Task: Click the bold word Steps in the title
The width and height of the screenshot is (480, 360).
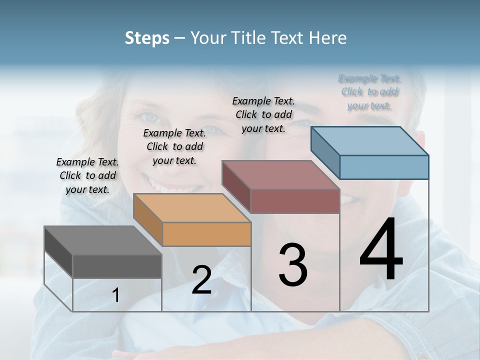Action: pyautogui.click(x=147, y=38)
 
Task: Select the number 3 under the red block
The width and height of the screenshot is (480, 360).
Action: pyautogui.click(x=292, y=265)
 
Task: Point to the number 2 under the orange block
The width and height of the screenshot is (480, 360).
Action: pyautogui.click(x=201, y=280)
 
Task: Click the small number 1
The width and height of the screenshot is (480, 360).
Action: pyautogui.click(x=116, y=295)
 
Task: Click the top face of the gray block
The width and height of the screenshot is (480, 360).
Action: pyautogui.click(x=103, y=240)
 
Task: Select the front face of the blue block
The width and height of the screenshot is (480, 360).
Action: pyautogui.click(x=384, y=167)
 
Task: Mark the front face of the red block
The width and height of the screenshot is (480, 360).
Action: pyautogui.click(x=295, y=201)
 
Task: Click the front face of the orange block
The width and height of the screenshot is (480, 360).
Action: pyautogui.click(x=206, y=234)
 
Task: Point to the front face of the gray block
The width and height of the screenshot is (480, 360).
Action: pyautogui.click(x=117, y=266)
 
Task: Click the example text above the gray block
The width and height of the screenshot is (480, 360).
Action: pyautogui.click(x=87, y=175)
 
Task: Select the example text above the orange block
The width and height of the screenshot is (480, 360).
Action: pyautogui.click(x=174, y=146)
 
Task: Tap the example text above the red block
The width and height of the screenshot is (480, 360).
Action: pyautogui.click(x=263, y=114)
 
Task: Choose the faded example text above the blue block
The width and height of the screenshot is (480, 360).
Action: pyautogui.click(x=370, y=92)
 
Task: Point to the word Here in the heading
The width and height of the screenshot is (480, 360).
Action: pyautogui.click(x=328, y=38)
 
